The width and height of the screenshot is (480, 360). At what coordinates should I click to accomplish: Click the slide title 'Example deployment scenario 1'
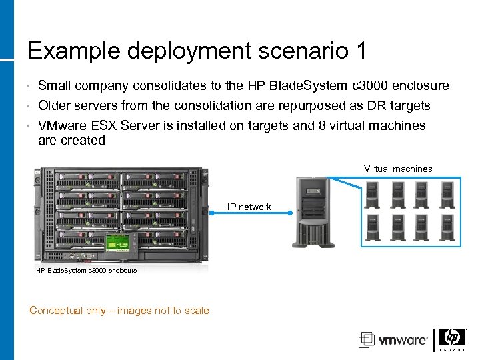[197, 51]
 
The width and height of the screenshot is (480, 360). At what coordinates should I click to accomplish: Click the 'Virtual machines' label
[398, 169]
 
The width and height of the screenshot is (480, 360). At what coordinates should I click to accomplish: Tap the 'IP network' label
[249, 207]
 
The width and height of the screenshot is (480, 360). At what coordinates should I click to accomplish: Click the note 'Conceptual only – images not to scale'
[120, 310]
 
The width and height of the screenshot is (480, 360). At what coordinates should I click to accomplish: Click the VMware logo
[393, 340]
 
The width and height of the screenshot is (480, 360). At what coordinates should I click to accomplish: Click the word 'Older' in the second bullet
[55, 105]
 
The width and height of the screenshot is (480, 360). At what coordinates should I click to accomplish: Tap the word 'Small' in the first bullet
[55, 85]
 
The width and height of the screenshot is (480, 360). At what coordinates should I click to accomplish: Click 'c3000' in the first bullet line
[367, 85]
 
